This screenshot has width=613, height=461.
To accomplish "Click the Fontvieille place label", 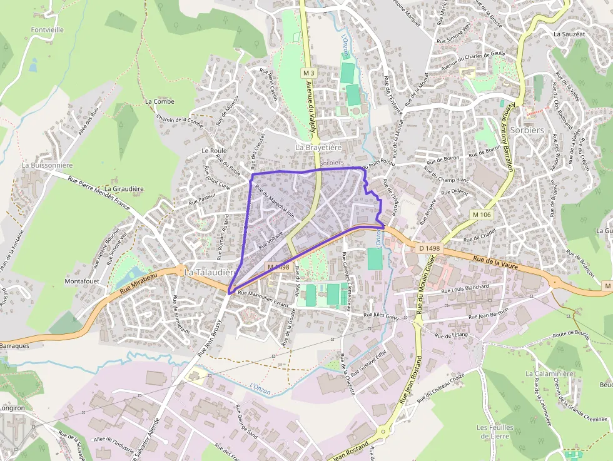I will coord(47,29).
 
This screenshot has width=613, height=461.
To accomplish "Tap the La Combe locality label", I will coord(160,101).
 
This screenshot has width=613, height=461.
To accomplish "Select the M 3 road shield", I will coord(307,73).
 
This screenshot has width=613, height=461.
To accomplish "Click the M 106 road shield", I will coord(482,215).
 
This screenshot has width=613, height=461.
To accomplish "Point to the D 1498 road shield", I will coord(429,248).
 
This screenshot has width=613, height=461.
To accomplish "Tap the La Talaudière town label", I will coord(210,273).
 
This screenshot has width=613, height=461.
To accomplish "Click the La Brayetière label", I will coord(318,148).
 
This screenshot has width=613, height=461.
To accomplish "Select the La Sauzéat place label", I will coord(569,34).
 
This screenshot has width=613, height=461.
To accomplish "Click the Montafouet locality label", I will coord(81,281).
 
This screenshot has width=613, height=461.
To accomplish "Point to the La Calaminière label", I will coord(550,373).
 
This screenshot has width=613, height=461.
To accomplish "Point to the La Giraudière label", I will coord(124,188).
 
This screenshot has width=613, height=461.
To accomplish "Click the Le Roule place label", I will coord(214,151).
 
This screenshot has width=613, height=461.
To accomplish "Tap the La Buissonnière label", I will coord(48,165).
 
